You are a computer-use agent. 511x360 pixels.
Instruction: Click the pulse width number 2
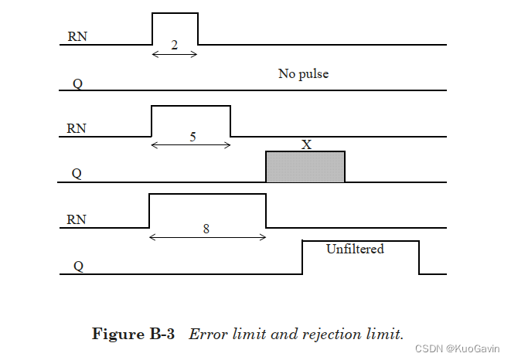(x=174, y=45)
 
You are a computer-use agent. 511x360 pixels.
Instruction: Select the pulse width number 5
(x=192, y=137)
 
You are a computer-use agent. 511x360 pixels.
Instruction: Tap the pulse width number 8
(x=206, y=229)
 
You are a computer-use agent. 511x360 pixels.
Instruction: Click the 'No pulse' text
(x=304, y=75)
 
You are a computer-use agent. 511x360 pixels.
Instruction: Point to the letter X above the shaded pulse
(x=306, y=144)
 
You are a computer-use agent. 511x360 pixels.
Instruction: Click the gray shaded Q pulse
(x=305, y=167)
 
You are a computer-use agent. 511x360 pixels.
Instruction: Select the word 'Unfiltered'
(x=355, y=249)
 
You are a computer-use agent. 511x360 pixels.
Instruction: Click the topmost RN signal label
(x=77, y=36)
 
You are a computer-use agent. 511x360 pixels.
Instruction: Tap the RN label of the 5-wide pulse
(x=77, y=128)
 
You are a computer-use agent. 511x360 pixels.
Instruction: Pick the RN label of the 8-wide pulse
(x=77, y=219)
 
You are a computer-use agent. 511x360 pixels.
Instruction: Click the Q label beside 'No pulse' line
(x=78, y=82)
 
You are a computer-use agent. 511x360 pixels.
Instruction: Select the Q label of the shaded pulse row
(x=77, y=174)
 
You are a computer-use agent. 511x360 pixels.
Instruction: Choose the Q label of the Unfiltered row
(x=78, y=266)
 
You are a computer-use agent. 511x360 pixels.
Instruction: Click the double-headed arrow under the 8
(x=207, y=237)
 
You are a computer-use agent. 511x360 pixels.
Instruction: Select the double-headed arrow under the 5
(x=191, y=145)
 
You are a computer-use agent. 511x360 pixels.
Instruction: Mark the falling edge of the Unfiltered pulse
(x=420, y=258)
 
